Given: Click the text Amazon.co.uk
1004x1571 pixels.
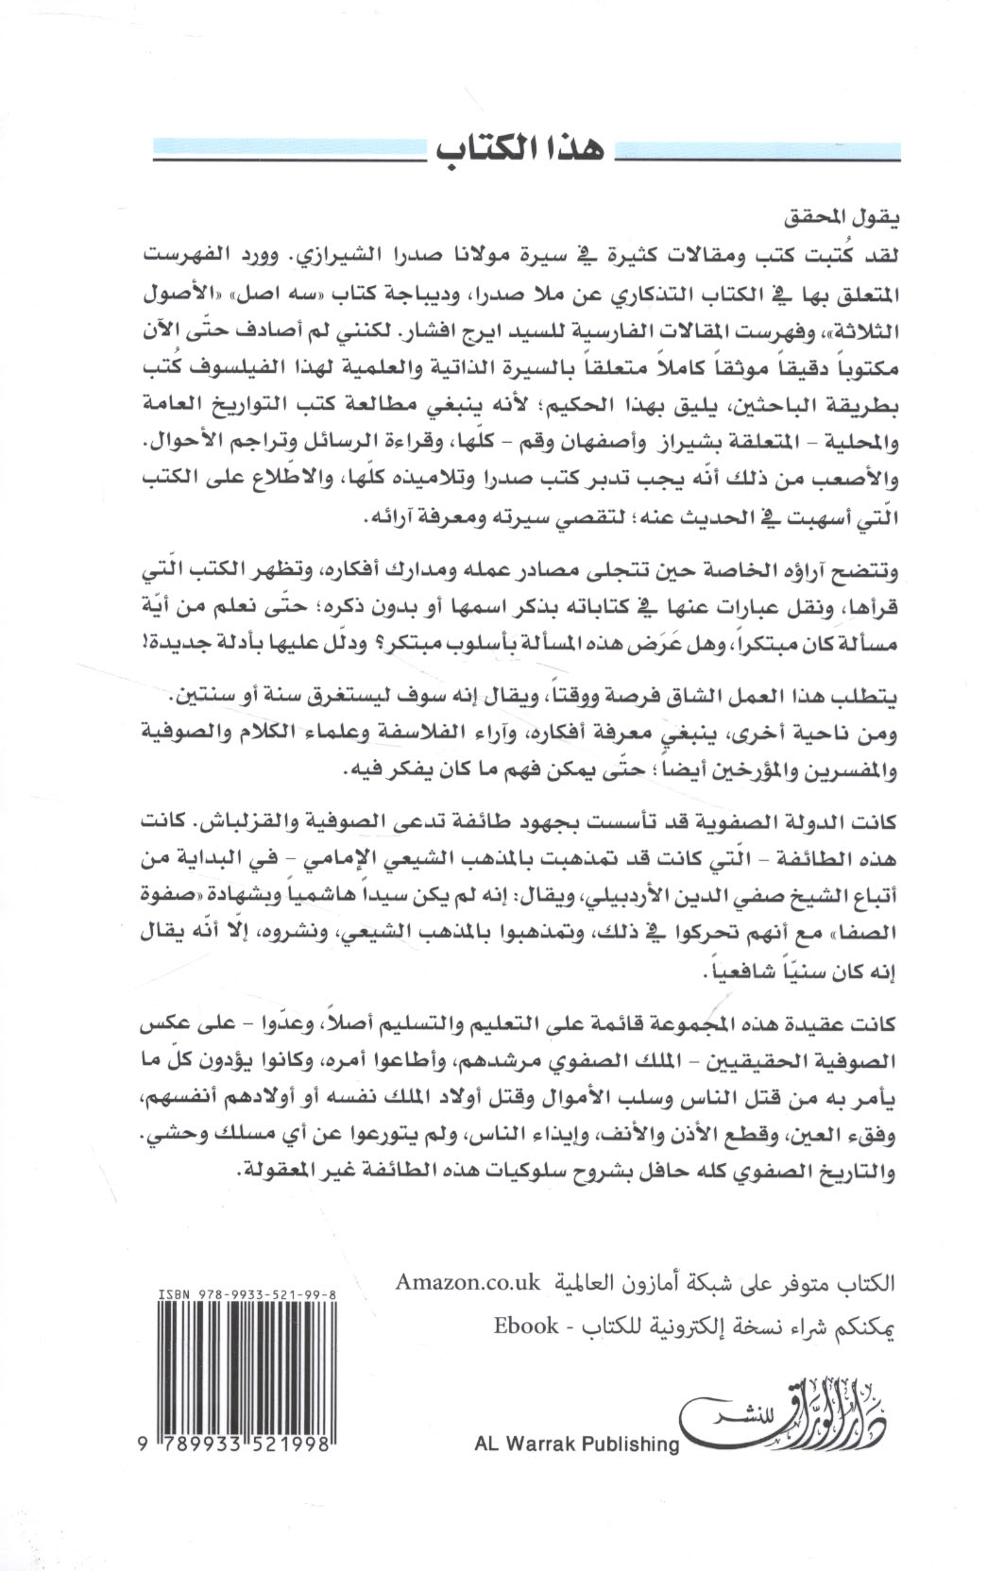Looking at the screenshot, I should (x=468, y=1282).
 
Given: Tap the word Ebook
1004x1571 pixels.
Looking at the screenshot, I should (x=526, y=1326).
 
